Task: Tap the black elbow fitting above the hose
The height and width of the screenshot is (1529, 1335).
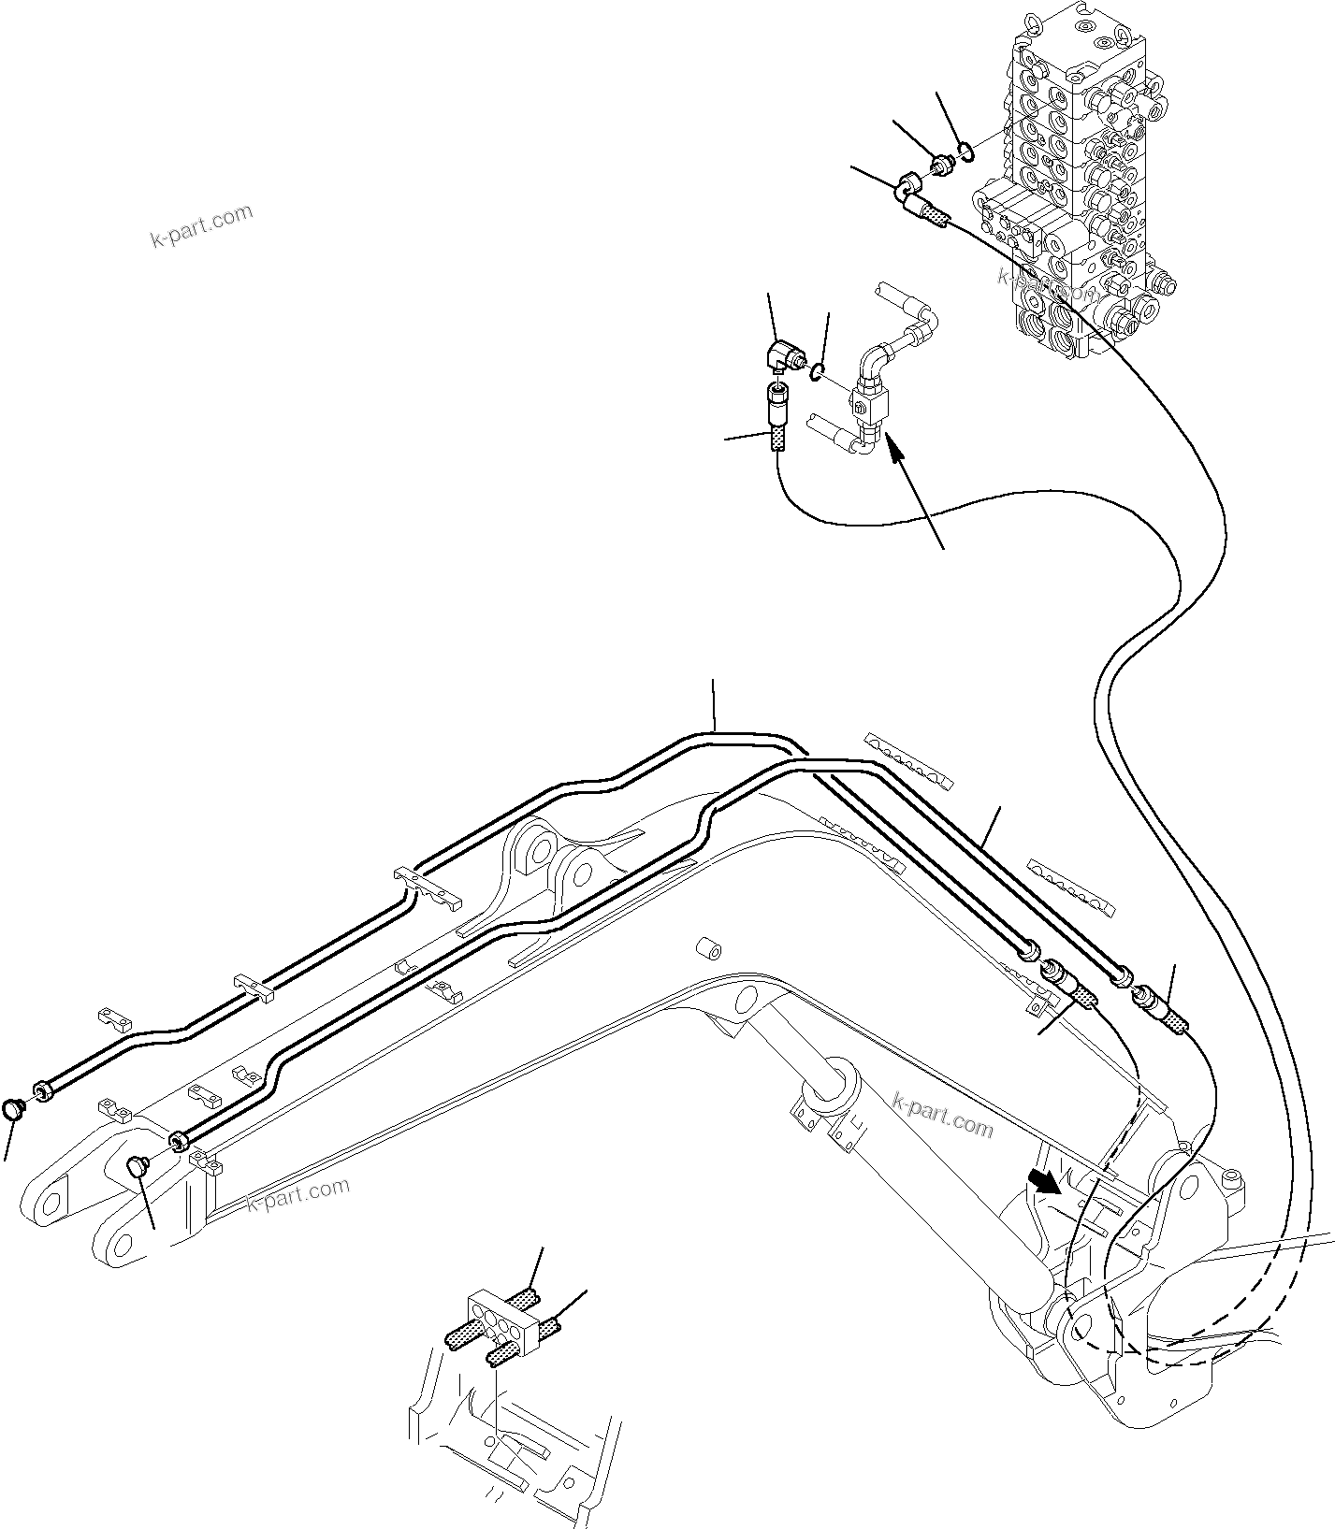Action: click(780, 355)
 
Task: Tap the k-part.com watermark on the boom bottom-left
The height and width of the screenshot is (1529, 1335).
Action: click(297, 1193)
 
